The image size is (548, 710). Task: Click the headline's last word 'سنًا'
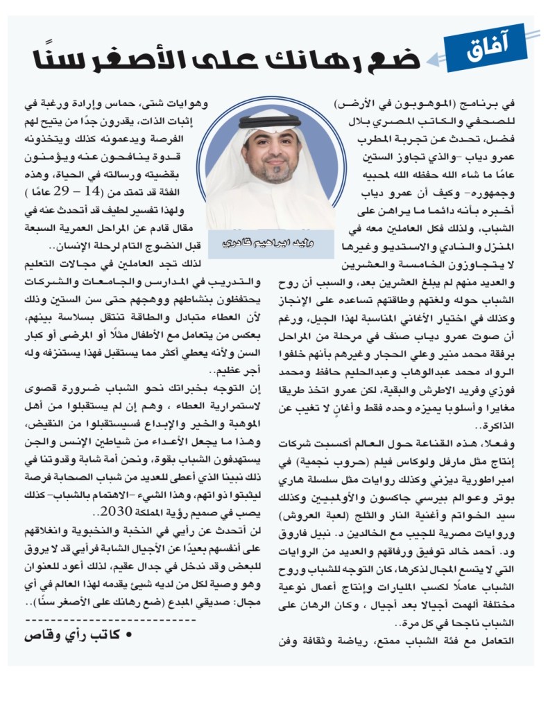58,60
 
